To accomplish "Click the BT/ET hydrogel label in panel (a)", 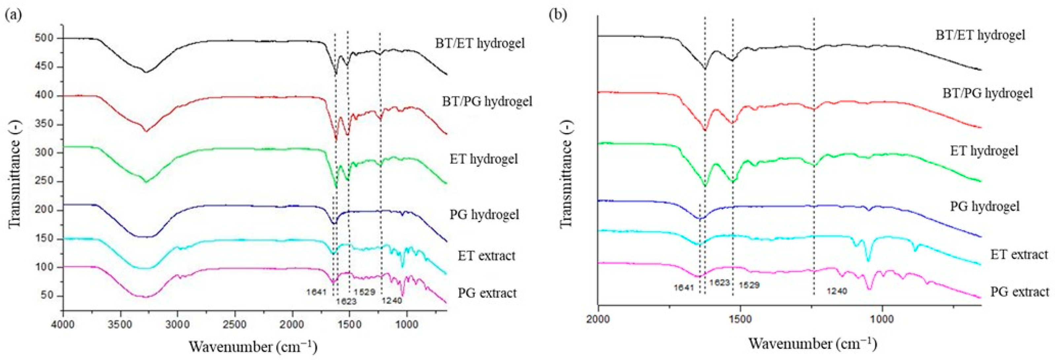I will coord(480,43).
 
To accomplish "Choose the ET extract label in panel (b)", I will coord(1019,254).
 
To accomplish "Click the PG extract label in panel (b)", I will coord(1019,292).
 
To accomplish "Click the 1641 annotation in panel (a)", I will coord(316,292).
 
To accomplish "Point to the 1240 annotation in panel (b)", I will coord(837,291).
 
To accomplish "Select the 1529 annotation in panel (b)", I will coord(749,285).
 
